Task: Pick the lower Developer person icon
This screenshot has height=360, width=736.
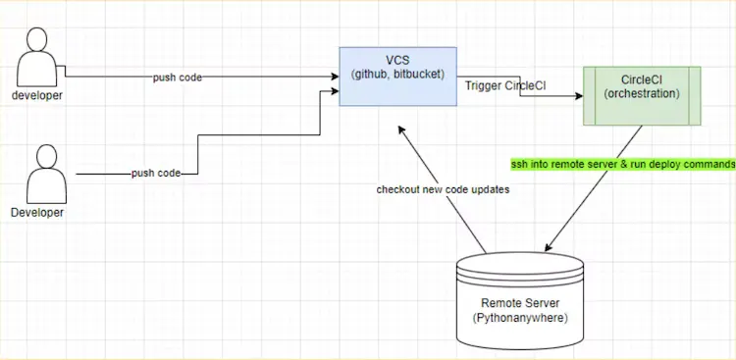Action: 44,174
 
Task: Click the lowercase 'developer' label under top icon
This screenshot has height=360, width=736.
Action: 37,95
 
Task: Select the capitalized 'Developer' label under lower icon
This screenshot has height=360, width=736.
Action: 37,212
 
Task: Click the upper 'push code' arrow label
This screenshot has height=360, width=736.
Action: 177,77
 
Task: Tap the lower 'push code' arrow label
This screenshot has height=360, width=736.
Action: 156,174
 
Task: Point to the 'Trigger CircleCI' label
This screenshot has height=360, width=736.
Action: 504,86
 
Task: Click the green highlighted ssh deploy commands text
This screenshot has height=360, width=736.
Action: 622,163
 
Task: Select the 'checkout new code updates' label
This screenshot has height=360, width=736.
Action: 443,189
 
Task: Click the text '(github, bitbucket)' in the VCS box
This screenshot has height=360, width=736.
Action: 398,74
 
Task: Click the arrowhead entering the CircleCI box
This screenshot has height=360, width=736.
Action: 579,96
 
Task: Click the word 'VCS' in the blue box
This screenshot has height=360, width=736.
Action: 398,59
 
